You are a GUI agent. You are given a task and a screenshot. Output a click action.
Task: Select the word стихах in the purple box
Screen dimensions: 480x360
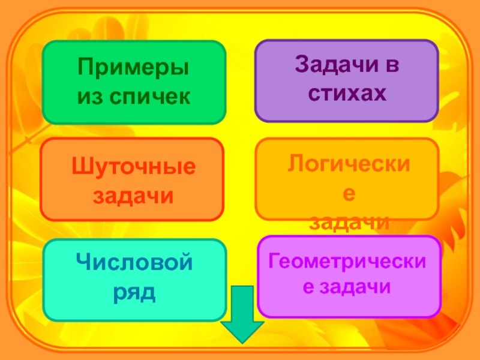(346, 94)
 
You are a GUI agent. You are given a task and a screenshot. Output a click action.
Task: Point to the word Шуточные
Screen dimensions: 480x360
(133, 167)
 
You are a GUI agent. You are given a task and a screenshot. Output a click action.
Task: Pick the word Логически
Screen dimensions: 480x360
(346, 163)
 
